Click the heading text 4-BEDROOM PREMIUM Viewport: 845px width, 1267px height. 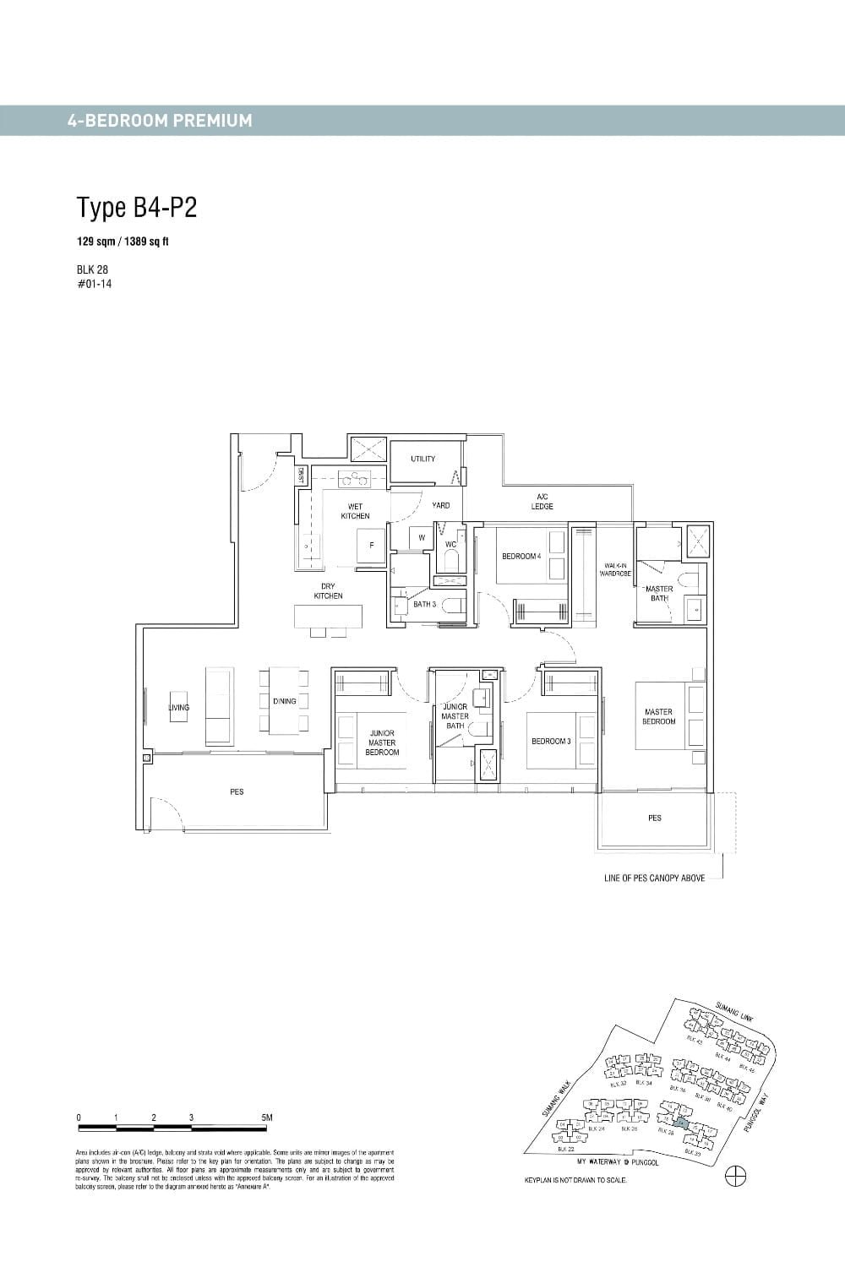point(160,121)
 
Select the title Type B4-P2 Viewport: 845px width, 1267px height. point(137,208)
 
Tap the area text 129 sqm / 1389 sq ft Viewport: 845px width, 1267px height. point(123,242)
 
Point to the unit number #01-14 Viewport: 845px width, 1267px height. point(94,284)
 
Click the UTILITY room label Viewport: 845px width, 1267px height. point(422,459)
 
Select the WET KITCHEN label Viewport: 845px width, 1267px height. point(355,511)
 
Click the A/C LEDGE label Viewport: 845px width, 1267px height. point(542,502)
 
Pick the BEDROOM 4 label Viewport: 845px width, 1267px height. point(521,556)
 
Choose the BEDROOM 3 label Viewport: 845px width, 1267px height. point(551,741)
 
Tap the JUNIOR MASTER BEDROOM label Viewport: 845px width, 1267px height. point(382,742)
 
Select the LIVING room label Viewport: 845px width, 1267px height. point(178,708)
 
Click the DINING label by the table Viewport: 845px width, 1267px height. point(284,701)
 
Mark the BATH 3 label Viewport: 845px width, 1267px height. point(424,604)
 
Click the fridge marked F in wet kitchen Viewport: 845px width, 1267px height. point(371,546)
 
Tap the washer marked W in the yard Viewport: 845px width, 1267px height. point(421,537)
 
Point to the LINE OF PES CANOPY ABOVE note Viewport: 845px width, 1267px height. point(654,878)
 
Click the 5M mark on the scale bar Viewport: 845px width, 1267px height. point(267,1117)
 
